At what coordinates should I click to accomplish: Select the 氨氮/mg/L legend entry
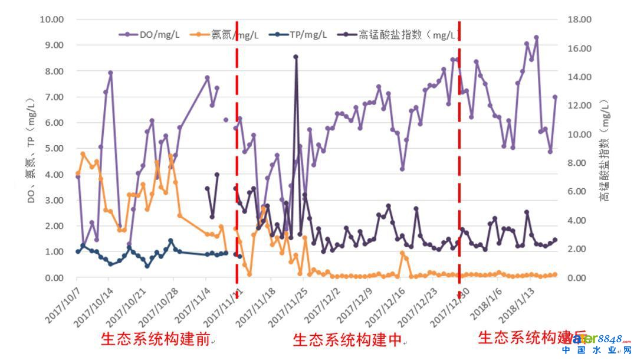pyautogui.click(x=234, y=34)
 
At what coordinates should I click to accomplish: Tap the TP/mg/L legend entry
pyautogui.click(x=308, y=34)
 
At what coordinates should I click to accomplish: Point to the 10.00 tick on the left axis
pyautogui.click(x=51, y=19)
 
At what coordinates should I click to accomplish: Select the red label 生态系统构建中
pyautogui.click(x=347, y=339)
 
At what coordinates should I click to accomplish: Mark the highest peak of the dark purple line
pyautogui.click(x=295, y=57)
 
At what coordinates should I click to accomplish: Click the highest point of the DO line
pyautogui.click(x=536, y=37)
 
